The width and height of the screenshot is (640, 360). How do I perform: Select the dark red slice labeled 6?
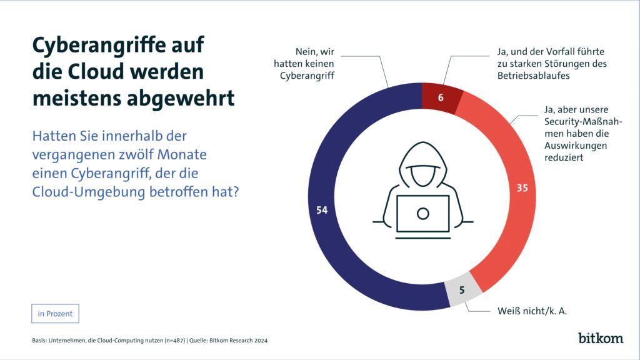pyautogui.click(x=442, y=97)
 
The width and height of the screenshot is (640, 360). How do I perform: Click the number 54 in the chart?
pyautogui.click(x=322, y=211)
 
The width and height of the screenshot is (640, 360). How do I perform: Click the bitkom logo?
pyautogui.click(x=600, y=337)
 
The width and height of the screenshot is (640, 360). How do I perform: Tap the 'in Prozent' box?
pyautogui.click(x=55, y=314)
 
